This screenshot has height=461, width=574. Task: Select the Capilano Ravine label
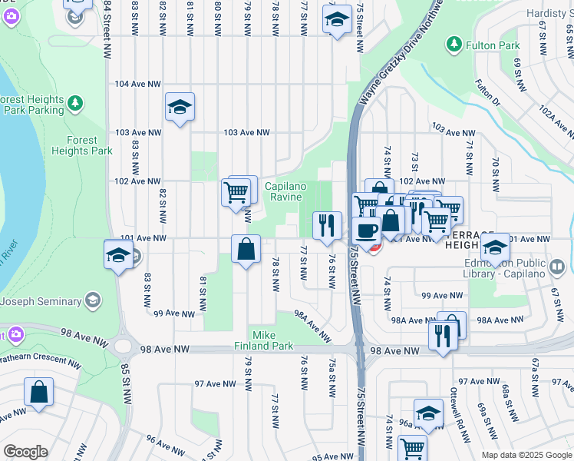[285, 191]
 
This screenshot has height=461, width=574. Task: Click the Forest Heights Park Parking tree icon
[75, 102]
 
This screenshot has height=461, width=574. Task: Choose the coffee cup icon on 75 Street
[366, 230]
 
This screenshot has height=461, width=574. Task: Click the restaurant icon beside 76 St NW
[327, 224]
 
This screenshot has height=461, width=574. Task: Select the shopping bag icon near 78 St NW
[246, 250]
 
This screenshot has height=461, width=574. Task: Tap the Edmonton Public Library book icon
[558, 267]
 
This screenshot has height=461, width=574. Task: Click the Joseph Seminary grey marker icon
[93, 299]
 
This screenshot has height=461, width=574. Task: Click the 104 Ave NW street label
[137, 84]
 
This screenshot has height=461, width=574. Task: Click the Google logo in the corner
[26, 452]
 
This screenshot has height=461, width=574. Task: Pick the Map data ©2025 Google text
[526, 455]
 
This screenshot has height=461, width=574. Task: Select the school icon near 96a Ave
[428, 412]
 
